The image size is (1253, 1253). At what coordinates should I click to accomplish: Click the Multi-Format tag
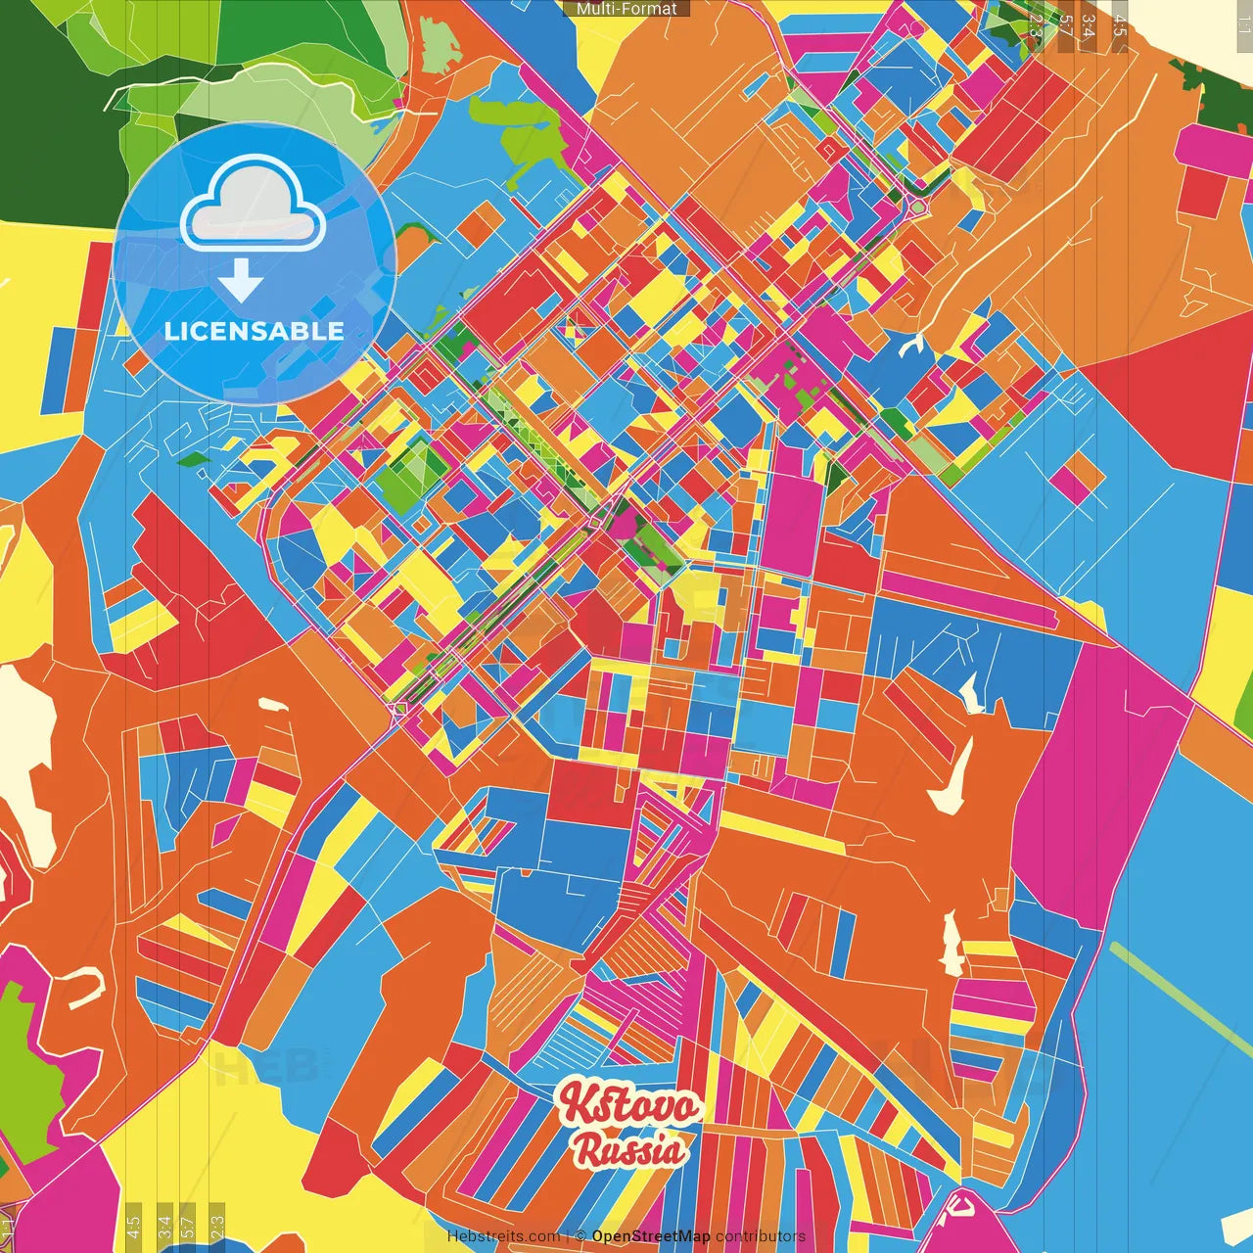[626, 9]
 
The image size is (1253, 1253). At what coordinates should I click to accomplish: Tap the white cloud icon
[253, 209]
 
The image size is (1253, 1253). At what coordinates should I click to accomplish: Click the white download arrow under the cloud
[241, 281]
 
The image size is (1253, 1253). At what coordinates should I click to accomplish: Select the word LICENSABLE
[255, 331]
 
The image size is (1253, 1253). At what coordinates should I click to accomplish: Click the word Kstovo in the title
[628, 1106]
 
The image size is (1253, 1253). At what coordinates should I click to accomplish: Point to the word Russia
[630, 1149]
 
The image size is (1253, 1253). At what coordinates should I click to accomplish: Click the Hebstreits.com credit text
[503, 1236]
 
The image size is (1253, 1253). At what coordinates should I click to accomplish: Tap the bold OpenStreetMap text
[651, 1236]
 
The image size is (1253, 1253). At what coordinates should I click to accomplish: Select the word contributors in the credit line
[761, 1236]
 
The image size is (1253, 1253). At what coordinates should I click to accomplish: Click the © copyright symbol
[580, 1236]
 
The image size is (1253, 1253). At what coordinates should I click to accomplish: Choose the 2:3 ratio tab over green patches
[1035, 22]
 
